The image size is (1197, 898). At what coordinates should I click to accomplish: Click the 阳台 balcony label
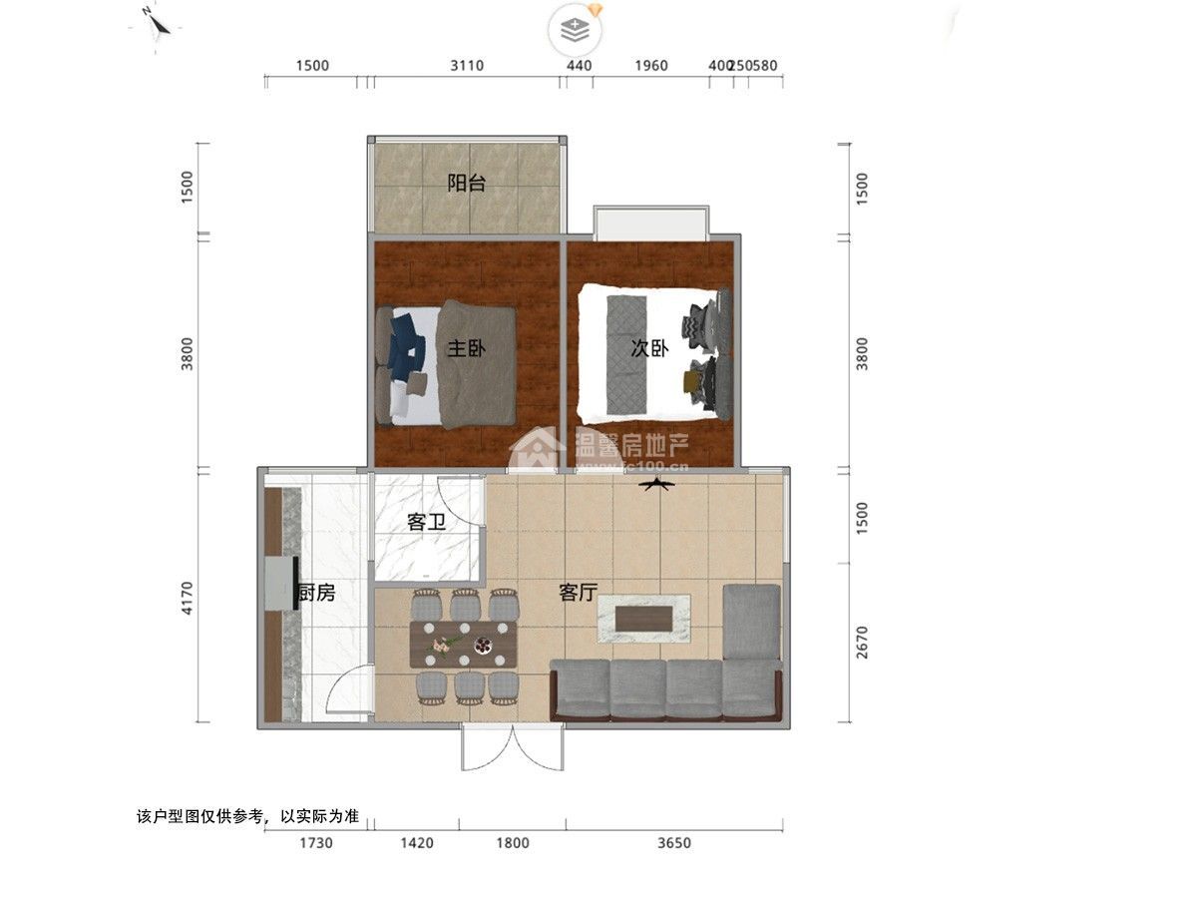pyautogui.click(x=466, y=184)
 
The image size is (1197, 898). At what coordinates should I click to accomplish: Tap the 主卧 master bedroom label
pyautogui.click(x=466, y=349)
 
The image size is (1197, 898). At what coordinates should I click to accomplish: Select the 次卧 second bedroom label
pyautogui.click(x=649, y=348)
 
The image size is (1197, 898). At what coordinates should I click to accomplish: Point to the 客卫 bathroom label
pyautogui.click(x=425, y=522)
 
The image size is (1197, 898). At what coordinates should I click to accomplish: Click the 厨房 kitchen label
pyautogui.click(x=316, y=594)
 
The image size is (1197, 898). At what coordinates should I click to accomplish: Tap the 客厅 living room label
pyautogui.click(x=578, y=593)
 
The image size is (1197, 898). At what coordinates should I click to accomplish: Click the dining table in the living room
pyautogui.click(x=465, y=644)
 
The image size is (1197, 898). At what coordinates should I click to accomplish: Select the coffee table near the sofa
pyautogui.click(x=643, y=619)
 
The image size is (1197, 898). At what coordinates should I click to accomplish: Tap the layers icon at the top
pyautogui.click(x=576, y=30)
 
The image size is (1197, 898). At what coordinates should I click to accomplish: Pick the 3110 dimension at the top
pyautogui.click(x=466, y=66)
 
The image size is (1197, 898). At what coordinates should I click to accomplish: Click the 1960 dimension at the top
pyautogui.click(x=650, y=66)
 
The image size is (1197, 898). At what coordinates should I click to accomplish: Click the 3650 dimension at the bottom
pyautogui.click(x=674, y=843)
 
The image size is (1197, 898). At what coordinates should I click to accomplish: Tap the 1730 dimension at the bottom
pyautogui.click(x=315, y=843)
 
